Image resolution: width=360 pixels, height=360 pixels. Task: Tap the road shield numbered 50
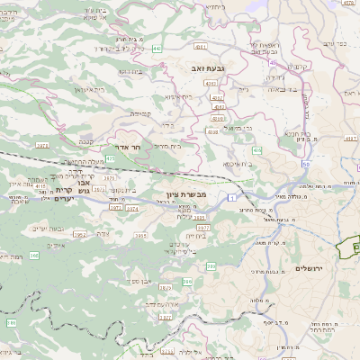[x=306, y=165]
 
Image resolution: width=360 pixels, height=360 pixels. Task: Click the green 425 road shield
[x=111, y=158]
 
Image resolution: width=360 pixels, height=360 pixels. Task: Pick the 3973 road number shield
[x=41, y=143]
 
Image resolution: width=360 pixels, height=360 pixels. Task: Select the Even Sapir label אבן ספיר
[x=151, y=282]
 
